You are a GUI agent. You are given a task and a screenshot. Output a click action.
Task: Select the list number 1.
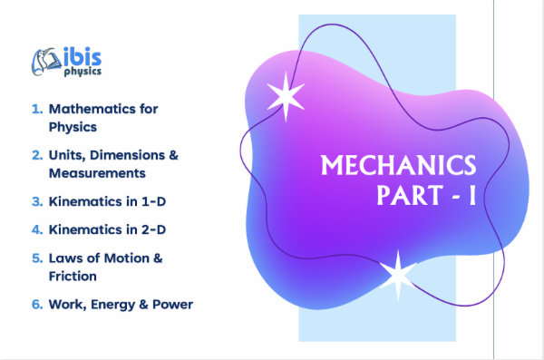point(37,109)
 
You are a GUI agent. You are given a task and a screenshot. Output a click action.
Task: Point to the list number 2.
point(37,155)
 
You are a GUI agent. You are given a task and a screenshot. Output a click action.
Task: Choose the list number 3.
point(37,201)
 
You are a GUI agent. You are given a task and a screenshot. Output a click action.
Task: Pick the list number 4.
point(37,229)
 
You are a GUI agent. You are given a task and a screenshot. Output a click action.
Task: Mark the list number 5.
point(37,258)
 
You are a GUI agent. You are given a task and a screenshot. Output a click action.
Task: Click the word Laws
point(64,258)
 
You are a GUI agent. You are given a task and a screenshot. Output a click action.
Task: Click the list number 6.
point(37,305)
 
